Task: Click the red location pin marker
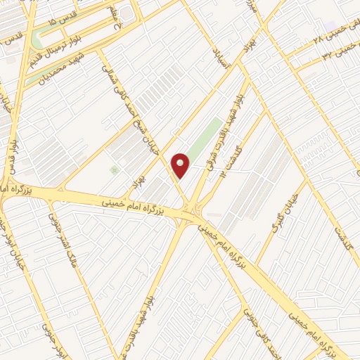pos(181,166)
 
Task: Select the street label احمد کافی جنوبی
pos(256,321)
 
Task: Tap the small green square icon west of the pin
pos(113,169)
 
